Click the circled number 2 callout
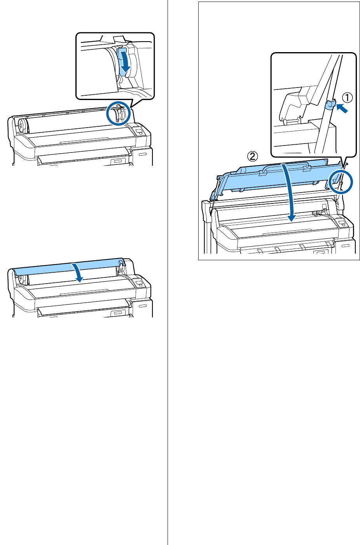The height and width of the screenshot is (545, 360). (252, 156)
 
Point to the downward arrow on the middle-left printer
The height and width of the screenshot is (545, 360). (79, 272)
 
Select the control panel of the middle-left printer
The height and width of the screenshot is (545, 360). (139, 282)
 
